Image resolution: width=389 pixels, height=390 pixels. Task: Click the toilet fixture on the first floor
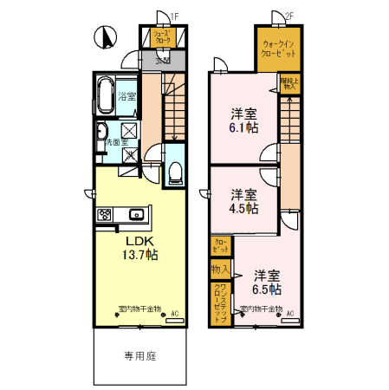tap(173, 171)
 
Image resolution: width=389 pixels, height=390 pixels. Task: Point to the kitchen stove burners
tap(106, 214)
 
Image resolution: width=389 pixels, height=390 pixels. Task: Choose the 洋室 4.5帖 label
tap(243, 200)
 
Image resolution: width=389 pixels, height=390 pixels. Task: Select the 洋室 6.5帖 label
tap(267, 282)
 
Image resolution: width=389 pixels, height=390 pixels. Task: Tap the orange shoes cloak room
tap(162, 37)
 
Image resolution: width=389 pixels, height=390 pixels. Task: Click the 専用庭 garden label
tap(138, 355)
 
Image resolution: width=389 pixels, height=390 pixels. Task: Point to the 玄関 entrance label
tap(162, 61)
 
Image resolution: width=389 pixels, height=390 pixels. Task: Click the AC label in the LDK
tap(174, 313)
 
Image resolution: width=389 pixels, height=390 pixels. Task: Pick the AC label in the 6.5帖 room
tap(290, 313)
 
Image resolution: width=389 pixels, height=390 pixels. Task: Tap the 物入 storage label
tap(220, 270)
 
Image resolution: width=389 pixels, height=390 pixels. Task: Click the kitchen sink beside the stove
tap(135, 214)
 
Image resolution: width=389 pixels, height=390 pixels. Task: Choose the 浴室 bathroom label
tap(126, 96)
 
